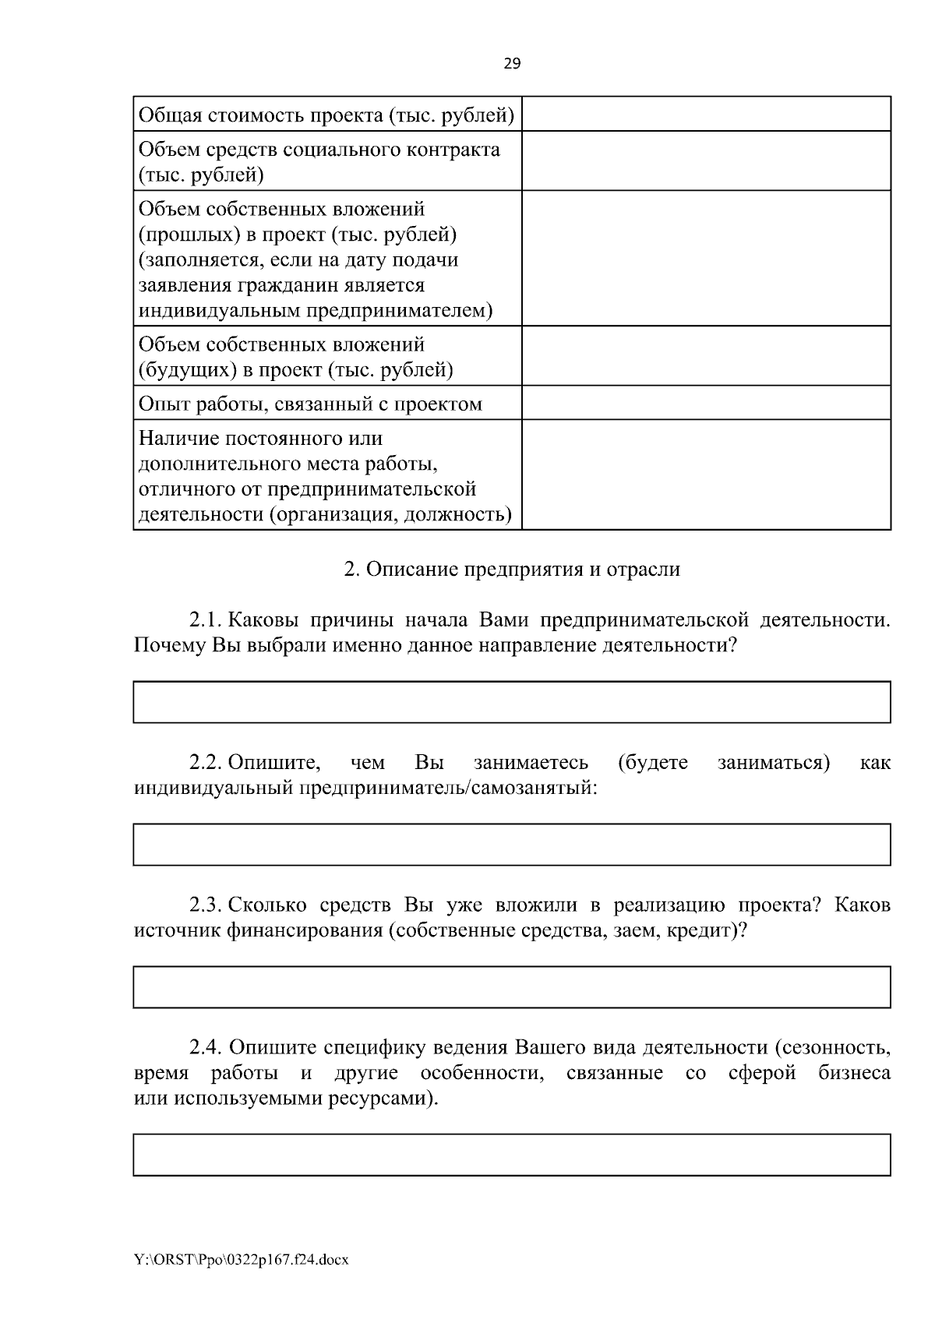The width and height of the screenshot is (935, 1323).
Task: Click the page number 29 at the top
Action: pyautogui.click(x=512, y=65)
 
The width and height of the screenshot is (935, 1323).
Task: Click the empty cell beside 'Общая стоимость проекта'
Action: pyautogui.click(x=706, y=114)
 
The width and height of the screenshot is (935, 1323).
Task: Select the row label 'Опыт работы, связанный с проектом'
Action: pyautogui.click(x=310, y=404)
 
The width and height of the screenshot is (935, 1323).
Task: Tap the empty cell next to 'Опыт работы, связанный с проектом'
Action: pyautogui.click(x=706, y=403)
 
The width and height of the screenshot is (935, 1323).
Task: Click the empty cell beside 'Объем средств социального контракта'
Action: pyautogui.click(x=706, y=161)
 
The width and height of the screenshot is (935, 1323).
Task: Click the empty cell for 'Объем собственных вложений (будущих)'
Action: pyautogui.click(x=706, y=356)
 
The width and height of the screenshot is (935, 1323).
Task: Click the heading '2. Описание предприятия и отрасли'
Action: pyautogui.click(x=512, y=569)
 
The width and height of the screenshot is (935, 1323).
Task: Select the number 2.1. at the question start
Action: pyautogui.click(x=206, y=621)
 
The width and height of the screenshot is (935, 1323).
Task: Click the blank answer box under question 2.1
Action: pyautogui.click(x=512, y=702)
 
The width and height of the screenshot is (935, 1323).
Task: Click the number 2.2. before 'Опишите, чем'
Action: pyautogui.click(x=206, y=762)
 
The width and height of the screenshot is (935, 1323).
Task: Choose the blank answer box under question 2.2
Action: pyautogui.click(x=512, y=845)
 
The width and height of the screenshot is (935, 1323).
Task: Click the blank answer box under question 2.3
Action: pyautogui.click(x=512, y=987)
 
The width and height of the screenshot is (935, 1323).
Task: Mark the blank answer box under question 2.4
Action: pyautogui.click(x=512, y=1154)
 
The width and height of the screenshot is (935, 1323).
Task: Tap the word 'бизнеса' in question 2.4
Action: pyautogui.click(x=854, y=1073)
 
